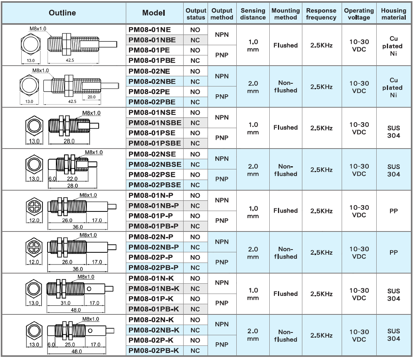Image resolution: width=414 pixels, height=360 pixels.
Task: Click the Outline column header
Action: (63, 13)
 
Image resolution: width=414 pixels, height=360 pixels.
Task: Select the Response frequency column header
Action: (321, 14)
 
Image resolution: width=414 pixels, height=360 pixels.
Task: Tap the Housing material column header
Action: (394, 14)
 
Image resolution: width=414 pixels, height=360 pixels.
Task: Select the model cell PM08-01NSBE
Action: (155, 123)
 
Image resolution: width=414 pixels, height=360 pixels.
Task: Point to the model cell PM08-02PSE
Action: (152, 174)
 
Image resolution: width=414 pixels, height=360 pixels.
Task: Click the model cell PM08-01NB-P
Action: (153, 206)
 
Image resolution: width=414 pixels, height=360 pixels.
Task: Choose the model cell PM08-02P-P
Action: (151, 257)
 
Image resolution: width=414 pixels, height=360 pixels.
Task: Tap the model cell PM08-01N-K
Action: (151, 278)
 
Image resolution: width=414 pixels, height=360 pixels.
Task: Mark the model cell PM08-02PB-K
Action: (154, 351)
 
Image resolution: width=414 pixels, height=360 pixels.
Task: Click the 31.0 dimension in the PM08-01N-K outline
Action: (65, 303)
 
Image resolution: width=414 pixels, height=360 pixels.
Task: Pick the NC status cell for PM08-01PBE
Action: (195, 61)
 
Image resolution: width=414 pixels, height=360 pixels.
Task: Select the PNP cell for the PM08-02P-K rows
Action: (222, 345)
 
